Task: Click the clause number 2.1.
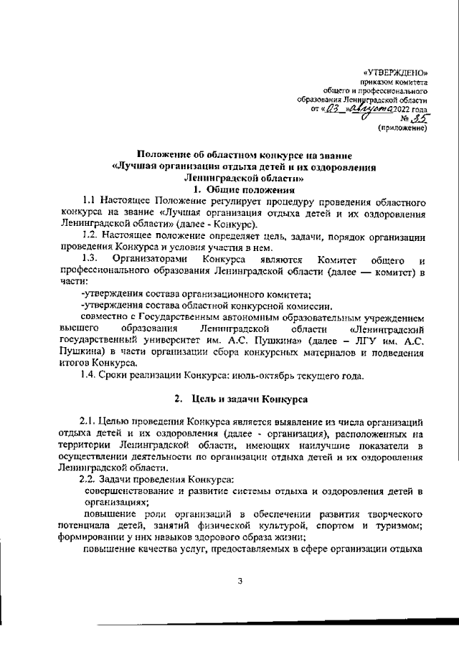[x=89, y=418]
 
